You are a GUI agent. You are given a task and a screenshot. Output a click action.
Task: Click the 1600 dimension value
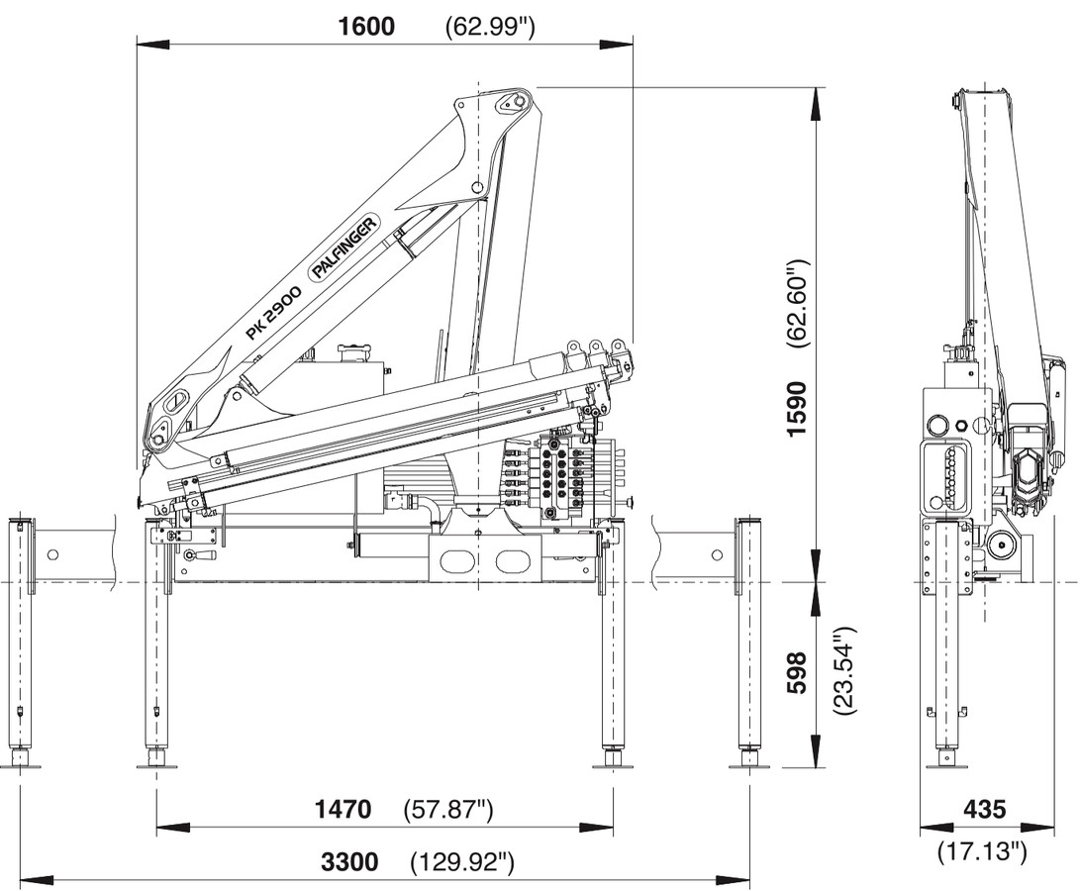(366, 26)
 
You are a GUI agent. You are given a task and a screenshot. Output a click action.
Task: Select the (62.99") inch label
(490, 27)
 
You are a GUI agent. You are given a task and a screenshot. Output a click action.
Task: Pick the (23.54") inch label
(842, 671)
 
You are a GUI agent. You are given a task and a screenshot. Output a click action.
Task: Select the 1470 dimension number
(344, 810)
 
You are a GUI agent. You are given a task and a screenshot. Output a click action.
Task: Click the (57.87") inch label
(448, 810)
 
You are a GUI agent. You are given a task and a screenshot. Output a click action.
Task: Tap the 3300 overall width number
(349, 862)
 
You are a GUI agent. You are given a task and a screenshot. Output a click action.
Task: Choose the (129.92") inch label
(462, 862)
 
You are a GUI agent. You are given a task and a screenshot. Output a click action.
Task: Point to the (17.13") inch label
(982, 850)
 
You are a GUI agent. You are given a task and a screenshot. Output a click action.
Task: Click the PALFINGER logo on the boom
(345, 248)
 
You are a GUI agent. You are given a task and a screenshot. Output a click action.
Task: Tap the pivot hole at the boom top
(512, 100)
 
